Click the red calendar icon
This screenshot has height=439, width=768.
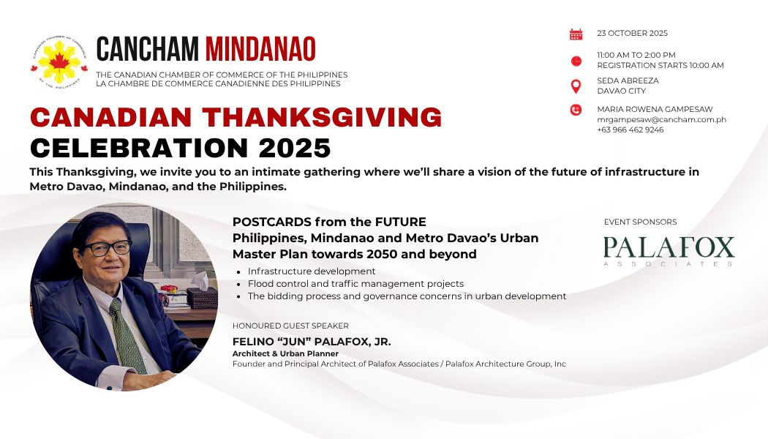pos(576,34)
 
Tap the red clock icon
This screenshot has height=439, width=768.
pos(576,61)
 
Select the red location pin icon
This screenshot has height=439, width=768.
pos(576,87)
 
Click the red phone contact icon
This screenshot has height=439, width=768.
pos(576,110)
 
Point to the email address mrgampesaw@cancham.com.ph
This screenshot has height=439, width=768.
pos(661,119)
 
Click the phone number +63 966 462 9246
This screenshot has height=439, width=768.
pos(630,130)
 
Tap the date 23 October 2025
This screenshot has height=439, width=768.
pos(633,34)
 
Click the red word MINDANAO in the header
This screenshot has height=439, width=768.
pos(260,49)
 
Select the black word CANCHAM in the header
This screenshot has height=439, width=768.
pos(148,49)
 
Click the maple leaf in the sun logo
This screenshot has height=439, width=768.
pos(59,61)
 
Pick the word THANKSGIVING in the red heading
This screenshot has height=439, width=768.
pos(323,118)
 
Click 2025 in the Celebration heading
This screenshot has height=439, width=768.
pos(295,148)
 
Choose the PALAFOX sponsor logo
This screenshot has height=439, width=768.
pos(669,251)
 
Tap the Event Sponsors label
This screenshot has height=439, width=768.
pos(640,222)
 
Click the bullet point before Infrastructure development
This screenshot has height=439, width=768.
pos(238,272)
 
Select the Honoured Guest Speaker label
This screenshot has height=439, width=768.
pos(290,326)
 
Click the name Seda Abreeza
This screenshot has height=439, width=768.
pos(628,80)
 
